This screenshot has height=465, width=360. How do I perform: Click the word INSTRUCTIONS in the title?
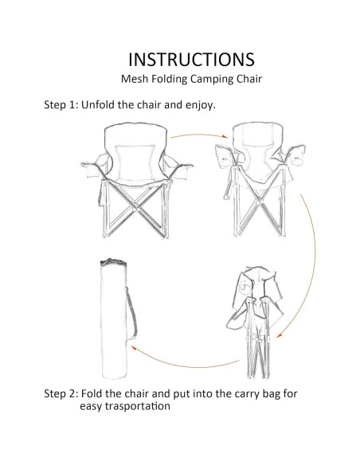(191, 59)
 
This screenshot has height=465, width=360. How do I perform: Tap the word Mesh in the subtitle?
(135, 79)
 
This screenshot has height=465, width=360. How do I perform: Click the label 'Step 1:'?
(61, 105)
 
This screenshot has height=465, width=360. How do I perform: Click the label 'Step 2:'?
(61, 394)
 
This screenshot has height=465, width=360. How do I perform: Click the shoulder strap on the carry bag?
(132, 315)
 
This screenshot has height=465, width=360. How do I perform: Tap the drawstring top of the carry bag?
(114, 262)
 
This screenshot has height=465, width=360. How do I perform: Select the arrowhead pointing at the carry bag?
(133, 348)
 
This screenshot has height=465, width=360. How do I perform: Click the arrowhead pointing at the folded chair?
(279, 335)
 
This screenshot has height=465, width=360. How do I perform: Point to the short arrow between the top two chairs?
(199, 135)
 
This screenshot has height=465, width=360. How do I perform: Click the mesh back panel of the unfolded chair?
(136, 162)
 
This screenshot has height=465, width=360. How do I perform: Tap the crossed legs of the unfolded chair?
(136, 209)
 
